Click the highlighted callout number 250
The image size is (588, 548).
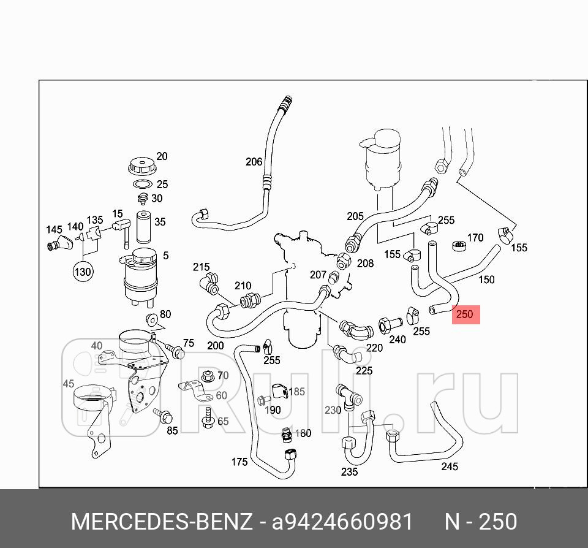(465, 314)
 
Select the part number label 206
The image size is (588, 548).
(254, 162)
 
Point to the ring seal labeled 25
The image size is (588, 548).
(142, 185)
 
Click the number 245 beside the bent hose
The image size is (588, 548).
(450, 466)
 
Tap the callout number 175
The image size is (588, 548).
(239, 462)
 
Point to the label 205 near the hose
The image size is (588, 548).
(355, 216)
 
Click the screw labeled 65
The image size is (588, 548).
(208, 417)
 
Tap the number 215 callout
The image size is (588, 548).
(202, 267)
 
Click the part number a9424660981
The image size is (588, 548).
(342, 522)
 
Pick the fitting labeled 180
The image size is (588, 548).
(285, 435)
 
